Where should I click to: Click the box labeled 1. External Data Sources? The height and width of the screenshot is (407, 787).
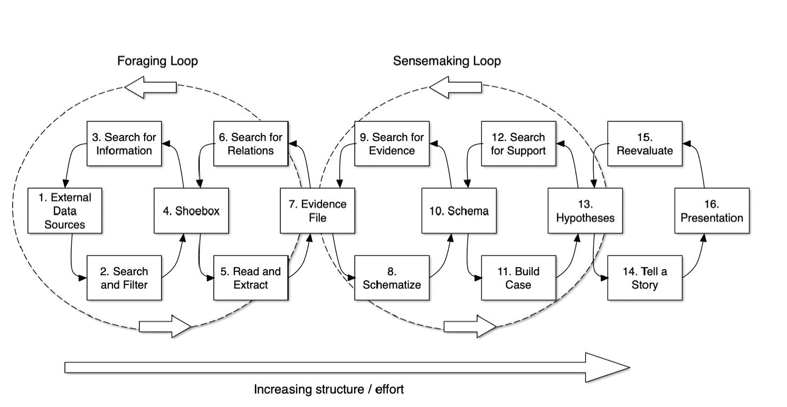click(x=64, y=211)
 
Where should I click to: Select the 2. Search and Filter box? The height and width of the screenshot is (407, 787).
click(x=124, y=278)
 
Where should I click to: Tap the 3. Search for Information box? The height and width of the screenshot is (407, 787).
click(x=124, y=144)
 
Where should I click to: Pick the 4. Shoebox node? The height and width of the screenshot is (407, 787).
click(x=191, y=211)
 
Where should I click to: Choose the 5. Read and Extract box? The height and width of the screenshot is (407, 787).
click(x=251, y=278)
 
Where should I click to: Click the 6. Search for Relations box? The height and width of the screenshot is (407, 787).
click(x=251, y=144)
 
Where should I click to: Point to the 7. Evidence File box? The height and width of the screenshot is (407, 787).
click(x=317, y=211)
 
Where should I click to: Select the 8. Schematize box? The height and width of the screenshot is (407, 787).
click(x=392, y=278)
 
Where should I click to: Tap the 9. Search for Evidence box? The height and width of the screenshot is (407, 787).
click(x=392, y=144)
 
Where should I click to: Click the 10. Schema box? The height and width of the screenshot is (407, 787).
click(x=459, y=211)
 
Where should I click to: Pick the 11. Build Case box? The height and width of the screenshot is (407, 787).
click(x=518, y=278)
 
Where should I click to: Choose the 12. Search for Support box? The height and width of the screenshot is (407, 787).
click(x=518, y=144)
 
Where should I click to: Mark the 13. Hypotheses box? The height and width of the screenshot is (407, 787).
click(x=585, y=211)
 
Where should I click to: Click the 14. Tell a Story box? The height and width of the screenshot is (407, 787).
click(x=644, y=278)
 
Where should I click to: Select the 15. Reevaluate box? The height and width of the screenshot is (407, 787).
click(x=644, y=144)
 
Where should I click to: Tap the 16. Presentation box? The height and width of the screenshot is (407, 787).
click(x=712, y=211)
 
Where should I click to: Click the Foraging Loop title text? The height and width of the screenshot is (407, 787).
click(x=157, y=61)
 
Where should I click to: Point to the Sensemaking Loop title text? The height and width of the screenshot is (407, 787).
click(x=447, y=61)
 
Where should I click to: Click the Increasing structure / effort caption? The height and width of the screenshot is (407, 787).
click(x=328, y=390)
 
